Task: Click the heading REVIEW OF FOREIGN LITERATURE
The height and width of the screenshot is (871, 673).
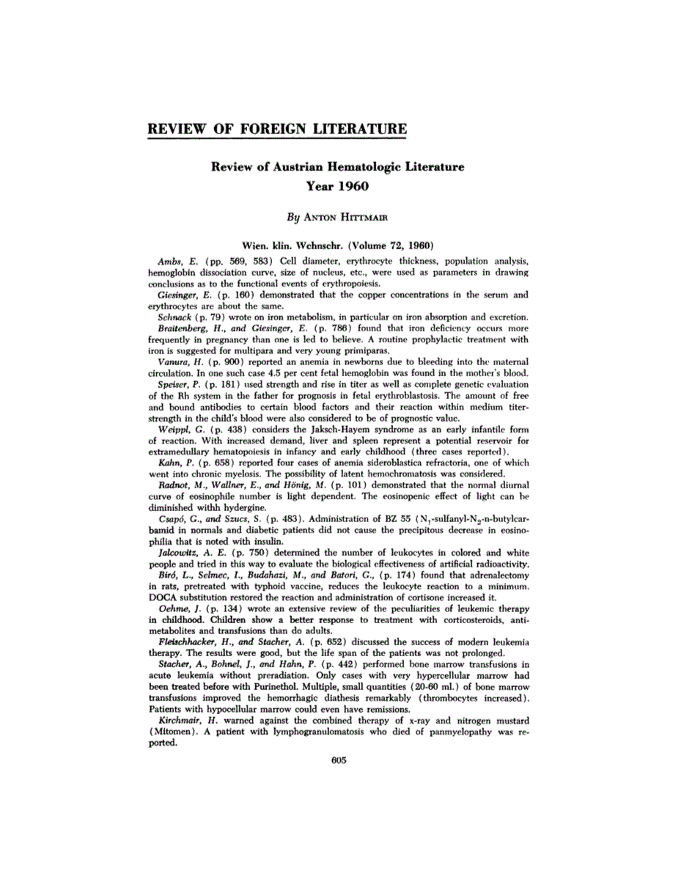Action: (x=276, y=131)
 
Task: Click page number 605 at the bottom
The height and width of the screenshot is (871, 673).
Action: (x=338, y=760)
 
